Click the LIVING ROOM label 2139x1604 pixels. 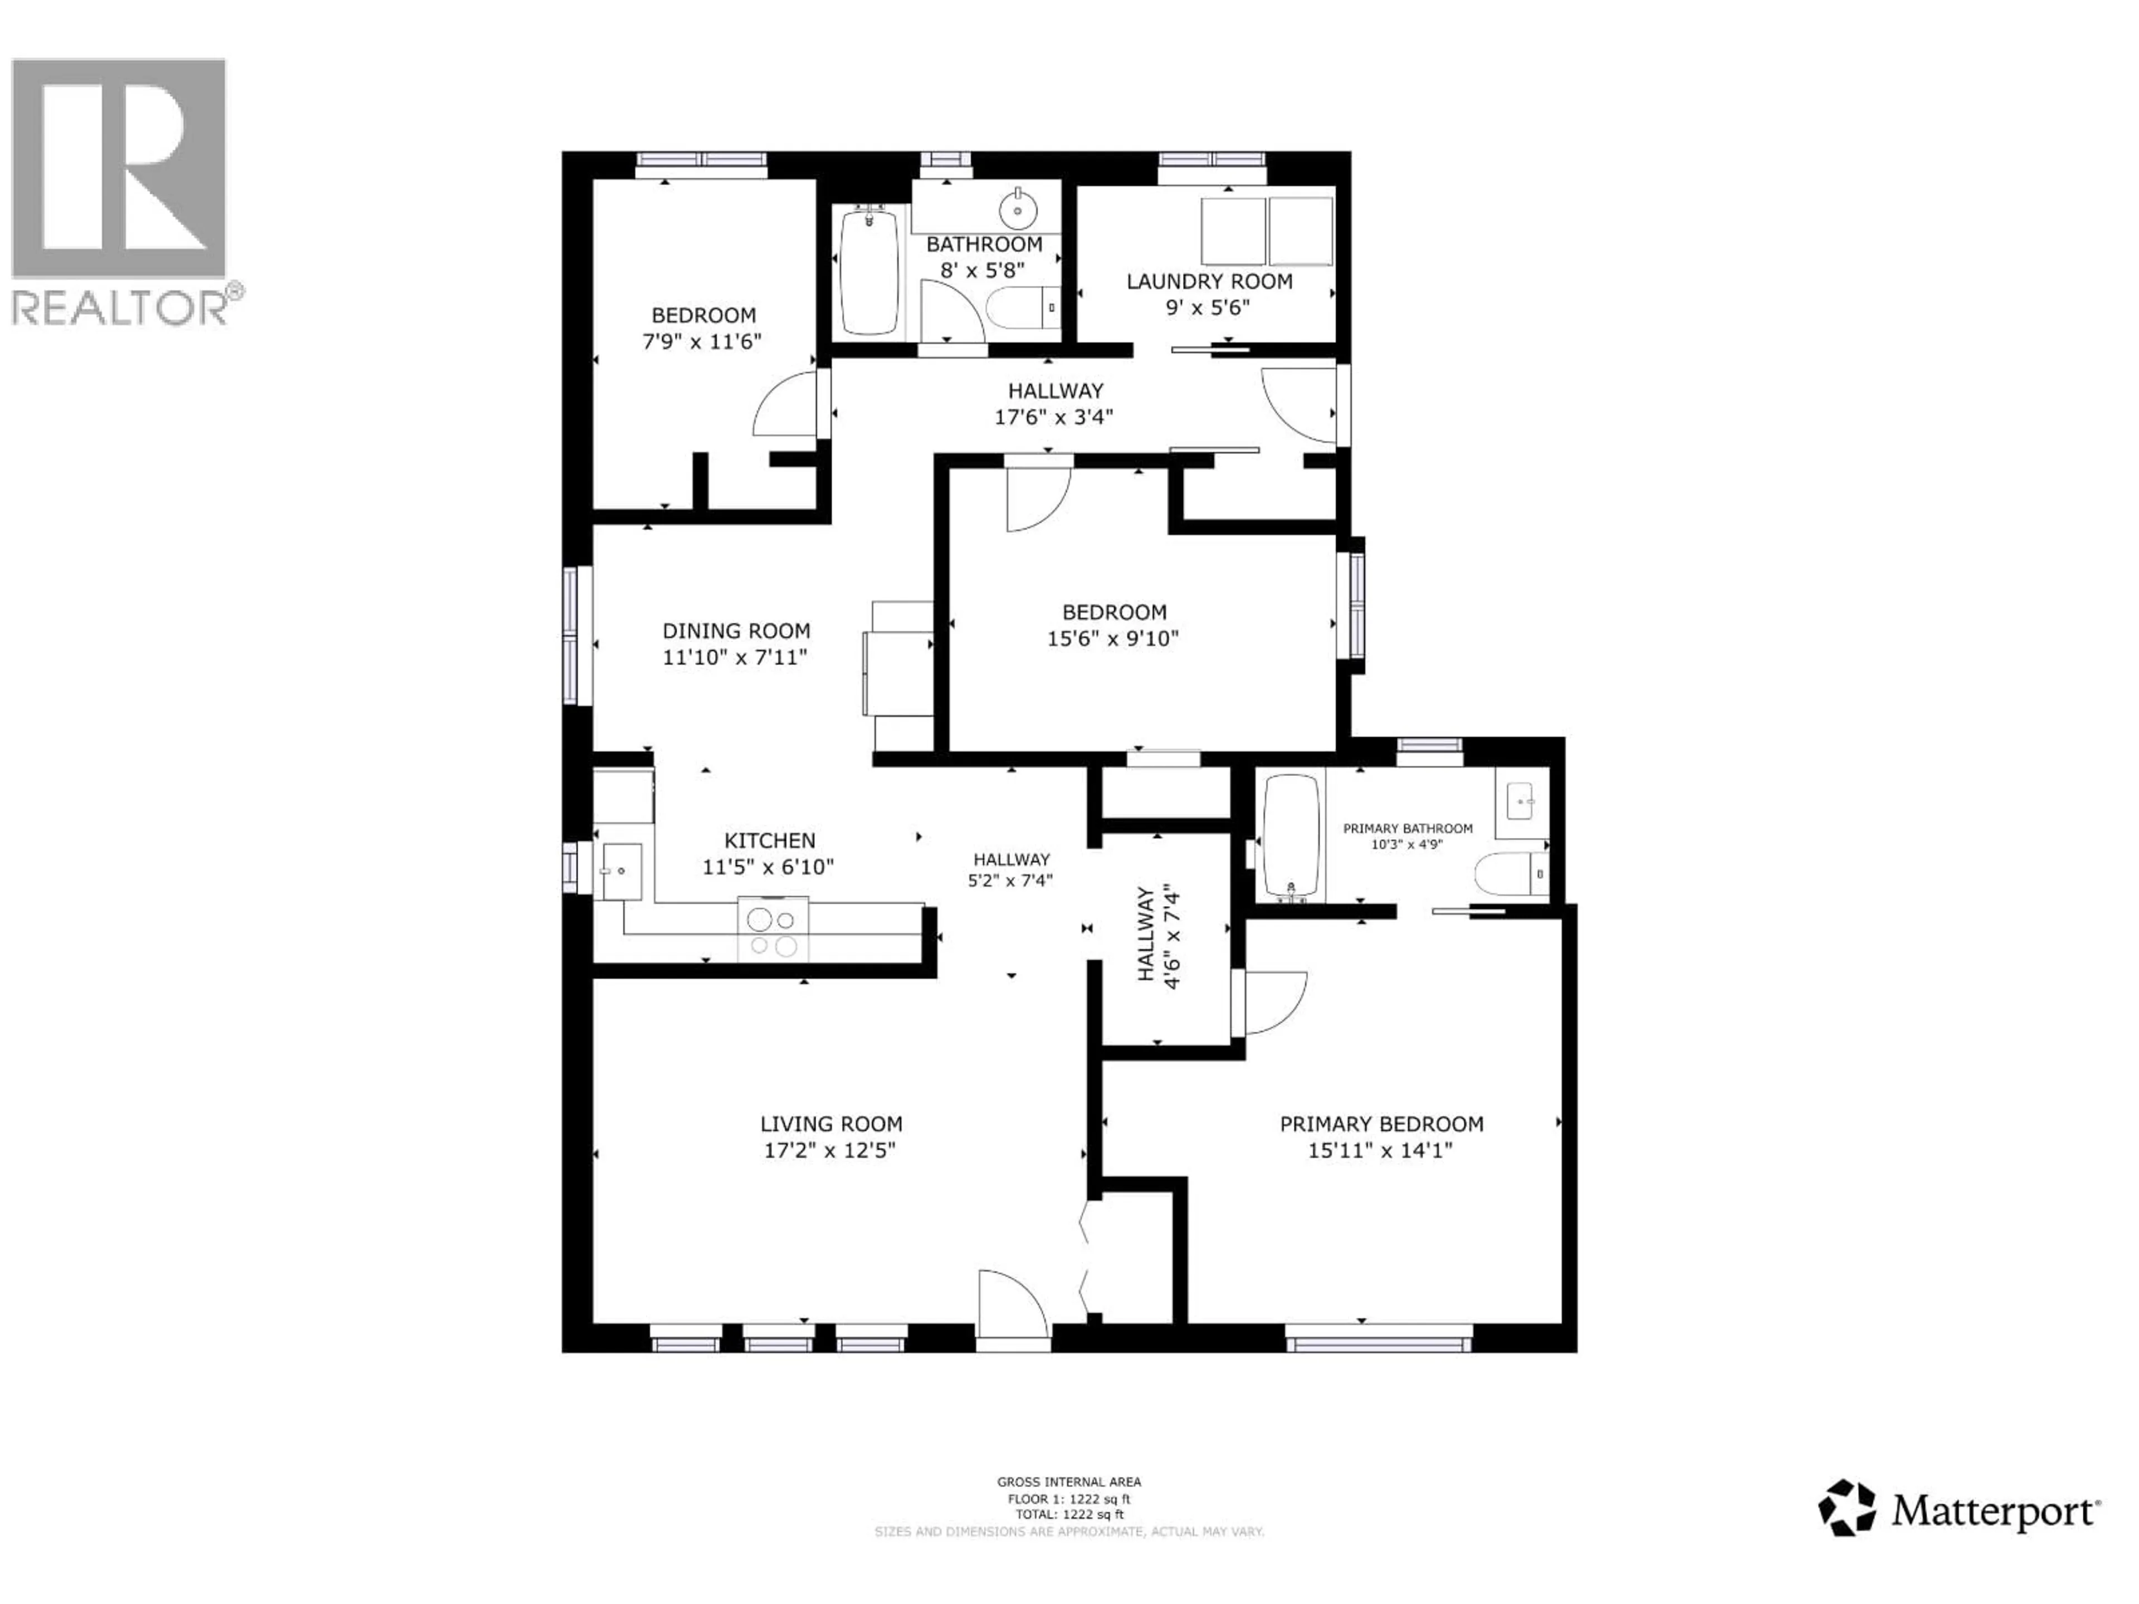831,1124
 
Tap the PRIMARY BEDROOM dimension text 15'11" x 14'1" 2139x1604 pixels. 1380,1151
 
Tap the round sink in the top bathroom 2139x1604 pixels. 1017,207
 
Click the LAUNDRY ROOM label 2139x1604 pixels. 1209,281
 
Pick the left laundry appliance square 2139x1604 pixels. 1233,231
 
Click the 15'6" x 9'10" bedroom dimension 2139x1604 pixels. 1113,639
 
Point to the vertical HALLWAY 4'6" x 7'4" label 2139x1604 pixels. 1159,934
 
